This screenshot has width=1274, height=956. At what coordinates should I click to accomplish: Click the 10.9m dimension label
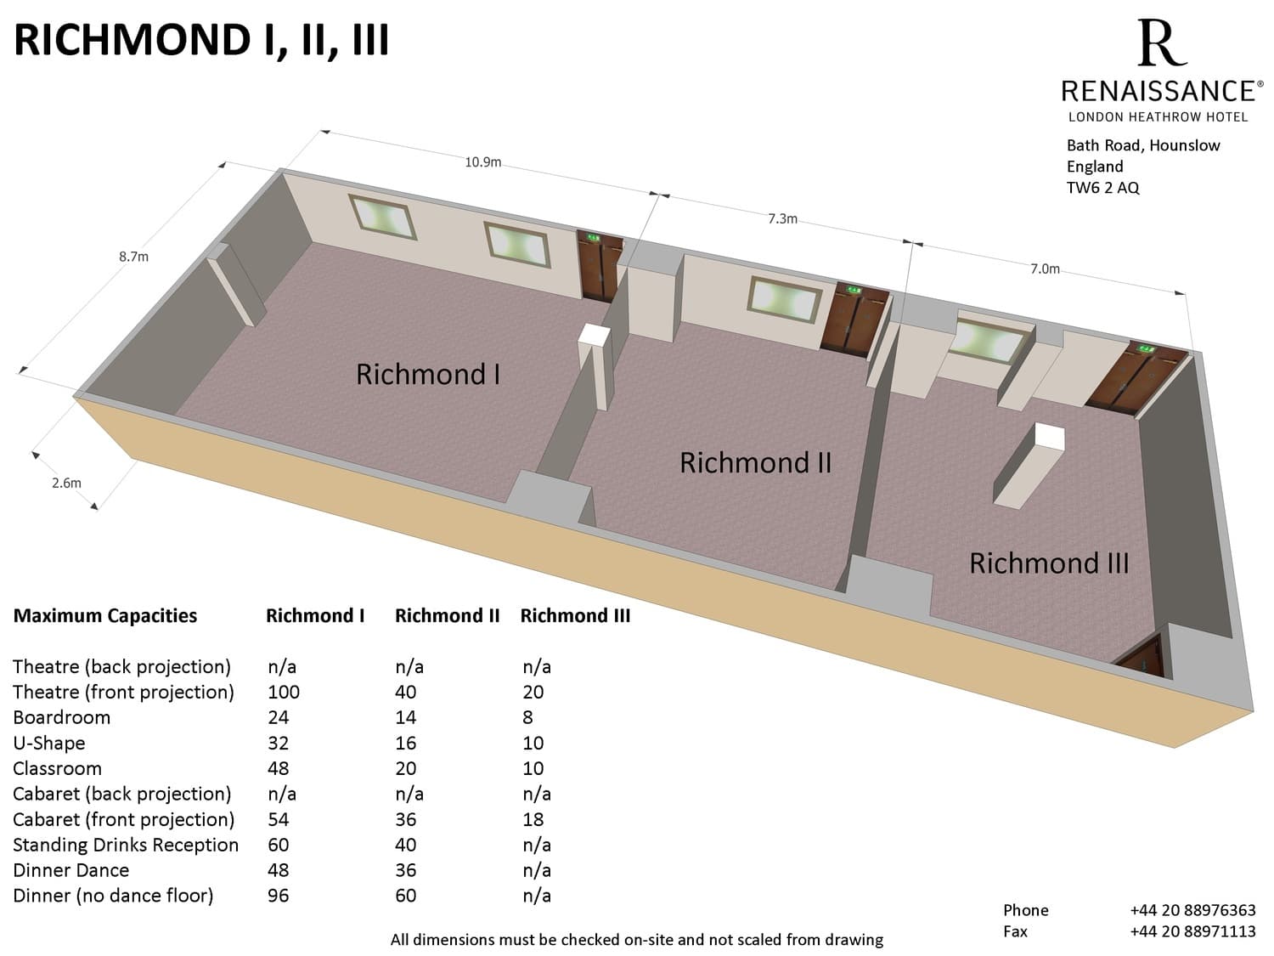[482, 162]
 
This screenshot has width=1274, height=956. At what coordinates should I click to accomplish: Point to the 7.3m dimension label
[782, 218]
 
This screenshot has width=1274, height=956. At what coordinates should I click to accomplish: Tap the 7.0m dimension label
[1045, 269]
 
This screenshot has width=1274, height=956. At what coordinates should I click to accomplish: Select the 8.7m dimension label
[133, 256]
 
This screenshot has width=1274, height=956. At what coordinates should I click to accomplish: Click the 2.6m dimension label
[66, 483]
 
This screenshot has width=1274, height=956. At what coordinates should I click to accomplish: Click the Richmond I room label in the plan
[427, 374]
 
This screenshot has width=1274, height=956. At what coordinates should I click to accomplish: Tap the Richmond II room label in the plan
[755, 462]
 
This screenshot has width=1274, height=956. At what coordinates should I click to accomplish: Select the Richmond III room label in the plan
[1049, 563]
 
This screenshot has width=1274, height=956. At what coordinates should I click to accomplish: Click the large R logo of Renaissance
[1161, 42]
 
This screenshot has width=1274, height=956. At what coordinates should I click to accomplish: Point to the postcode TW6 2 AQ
[1102, 188]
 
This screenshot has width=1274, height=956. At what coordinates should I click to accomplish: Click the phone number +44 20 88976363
[1192, 910]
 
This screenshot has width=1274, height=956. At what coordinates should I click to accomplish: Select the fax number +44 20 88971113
[1192, 931]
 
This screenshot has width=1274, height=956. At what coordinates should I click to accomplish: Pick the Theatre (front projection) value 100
[284, 692]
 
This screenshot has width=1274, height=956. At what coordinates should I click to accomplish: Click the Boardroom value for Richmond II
[406, 717]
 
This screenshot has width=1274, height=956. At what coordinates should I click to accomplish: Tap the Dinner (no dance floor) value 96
[278, 895]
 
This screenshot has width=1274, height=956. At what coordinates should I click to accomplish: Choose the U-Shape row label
[49, 743]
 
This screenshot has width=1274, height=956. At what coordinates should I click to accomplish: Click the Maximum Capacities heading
[105, 616]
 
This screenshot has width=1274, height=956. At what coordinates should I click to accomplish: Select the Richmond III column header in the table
[575, 616]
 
